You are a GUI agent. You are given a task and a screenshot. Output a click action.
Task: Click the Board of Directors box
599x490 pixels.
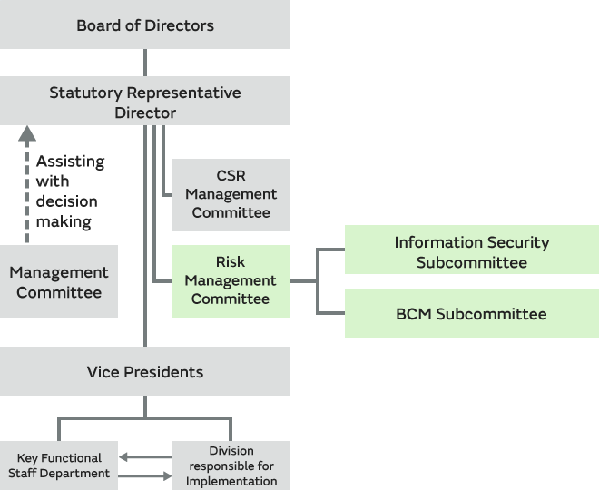145,24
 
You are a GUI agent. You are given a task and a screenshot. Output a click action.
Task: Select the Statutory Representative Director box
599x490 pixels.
145,102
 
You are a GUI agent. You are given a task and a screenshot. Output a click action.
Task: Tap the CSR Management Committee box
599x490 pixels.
231,194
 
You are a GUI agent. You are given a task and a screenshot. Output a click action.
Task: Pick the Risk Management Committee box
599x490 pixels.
231,280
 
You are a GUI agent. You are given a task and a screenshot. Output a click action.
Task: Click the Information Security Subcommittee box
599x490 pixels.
471,252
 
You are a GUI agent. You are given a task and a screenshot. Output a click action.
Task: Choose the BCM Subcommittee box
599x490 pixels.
471,314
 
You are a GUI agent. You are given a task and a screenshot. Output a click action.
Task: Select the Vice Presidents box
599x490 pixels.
145,372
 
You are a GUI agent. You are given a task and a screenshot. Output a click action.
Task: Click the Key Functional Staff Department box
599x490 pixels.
59,465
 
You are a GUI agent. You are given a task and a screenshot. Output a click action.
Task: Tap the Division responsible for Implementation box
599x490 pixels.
231,465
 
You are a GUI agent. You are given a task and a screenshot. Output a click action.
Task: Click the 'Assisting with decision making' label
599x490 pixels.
70,191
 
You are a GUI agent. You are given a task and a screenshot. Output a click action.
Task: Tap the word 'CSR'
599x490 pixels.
231,175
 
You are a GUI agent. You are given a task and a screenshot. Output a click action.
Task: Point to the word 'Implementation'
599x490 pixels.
231,481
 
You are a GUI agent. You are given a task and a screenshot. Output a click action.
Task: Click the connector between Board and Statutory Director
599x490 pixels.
145,63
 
